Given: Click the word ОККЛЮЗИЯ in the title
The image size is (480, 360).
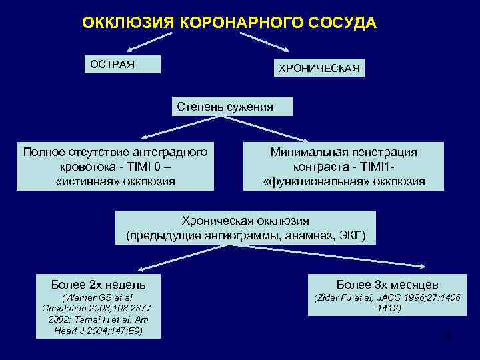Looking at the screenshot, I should point(127,23).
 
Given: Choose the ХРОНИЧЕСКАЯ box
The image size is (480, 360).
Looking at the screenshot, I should point(319,68).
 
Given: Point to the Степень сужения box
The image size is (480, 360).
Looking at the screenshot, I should point(225,107).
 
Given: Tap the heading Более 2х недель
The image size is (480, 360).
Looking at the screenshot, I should point(98,284).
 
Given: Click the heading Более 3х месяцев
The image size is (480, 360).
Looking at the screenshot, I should point(387,284).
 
